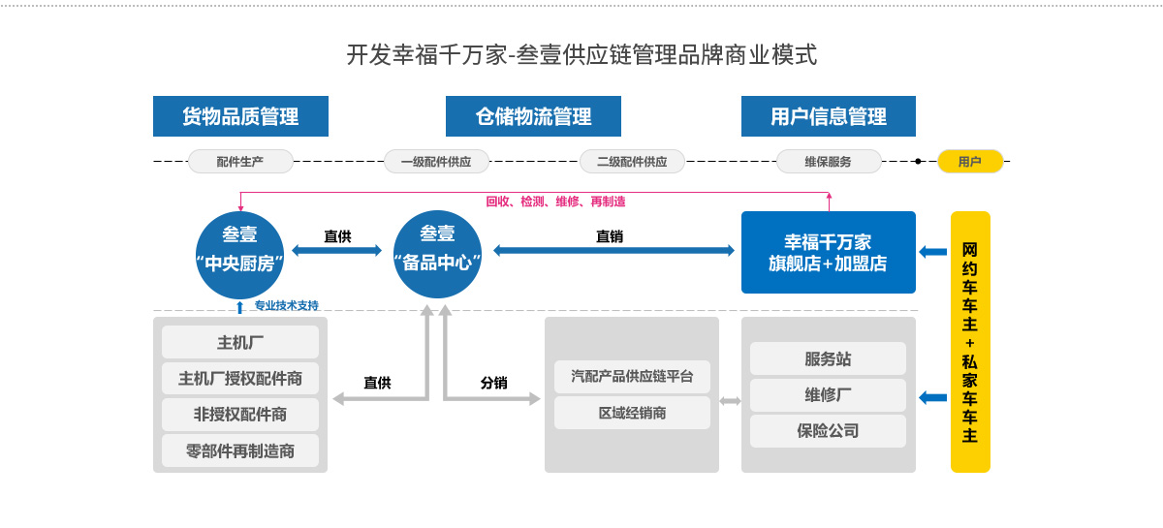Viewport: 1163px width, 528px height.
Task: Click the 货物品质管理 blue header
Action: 240,116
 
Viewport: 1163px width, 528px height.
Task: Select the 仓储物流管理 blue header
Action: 533,116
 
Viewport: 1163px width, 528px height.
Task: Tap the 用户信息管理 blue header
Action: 829,116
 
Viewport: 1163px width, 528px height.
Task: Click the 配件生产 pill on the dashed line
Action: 240,162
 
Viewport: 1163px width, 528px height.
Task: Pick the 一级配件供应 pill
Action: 436,162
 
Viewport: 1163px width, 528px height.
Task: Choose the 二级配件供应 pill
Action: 632,162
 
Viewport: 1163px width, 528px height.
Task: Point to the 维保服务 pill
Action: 829,162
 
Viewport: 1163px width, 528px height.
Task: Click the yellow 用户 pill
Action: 969,162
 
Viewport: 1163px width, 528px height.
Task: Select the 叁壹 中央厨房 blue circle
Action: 239,251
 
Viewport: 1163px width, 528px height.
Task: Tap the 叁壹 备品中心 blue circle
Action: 437,251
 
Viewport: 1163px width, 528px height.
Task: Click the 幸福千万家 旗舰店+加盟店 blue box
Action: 828,252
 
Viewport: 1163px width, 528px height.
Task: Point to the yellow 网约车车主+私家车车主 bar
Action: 969,341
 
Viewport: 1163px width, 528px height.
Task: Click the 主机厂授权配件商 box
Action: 240,378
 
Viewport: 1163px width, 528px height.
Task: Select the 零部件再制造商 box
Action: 240,450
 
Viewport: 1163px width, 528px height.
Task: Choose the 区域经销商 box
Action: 632,413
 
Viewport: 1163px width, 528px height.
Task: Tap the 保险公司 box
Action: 828,431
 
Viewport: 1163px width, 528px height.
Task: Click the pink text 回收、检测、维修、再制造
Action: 555,202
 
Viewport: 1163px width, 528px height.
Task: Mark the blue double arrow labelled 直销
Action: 613,250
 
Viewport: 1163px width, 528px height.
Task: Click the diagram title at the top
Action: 581,54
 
